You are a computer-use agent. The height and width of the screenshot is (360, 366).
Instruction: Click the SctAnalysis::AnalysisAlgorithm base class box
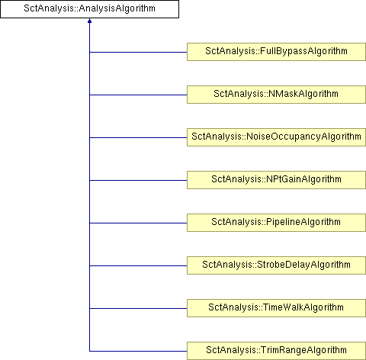[x=89, y=9]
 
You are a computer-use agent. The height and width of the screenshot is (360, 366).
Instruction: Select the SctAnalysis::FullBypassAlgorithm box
[x=276, y=52]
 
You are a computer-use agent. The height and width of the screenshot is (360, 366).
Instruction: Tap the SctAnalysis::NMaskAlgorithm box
[x=276, y=95]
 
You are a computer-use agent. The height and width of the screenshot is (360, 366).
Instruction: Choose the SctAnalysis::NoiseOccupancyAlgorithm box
[x=276, y=137]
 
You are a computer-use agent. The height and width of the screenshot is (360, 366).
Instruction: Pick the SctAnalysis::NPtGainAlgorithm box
[x=276, y=180]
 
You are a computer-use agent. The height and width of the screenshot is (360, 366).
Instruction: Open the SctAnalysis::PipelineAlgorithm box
[x=276, y=223]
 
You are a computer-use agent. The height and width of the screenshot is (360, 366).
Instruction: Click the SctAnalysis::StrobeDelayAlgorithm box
[x=276, y=265]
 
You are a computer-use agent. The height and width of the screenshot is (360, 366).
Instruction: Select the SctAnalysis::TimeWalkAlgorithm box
[x=276, y=308]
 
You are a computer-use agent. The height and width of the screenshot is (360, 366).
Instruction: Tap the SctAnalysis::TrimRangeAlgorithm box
[x=276, y=351]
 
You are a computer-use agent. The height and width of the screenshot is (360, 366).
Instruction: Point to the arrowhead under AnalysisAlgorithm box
[x=89, y=21]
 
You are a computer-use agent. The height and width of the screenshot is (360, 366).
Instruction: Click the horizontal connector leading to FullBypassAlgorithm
[x=138, y=53]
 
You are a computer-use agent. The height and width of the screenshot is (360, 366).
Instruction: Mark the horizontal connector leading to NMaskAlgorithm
[x=138, y=95]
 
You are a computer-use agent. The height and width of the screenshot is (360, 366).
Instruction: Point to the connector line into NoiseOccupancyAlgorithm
[x=138, y=138]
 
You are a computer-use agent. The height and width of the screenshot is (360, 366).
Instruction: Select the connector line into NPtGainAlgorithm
[x=138, y=181]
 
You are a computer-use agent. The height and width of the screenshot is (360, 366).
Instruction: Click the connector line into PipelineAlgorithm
[x=138, y=223]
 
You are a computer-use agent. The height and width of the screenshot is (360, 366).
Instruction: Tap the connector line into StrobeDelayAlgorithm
[x=138, y=266]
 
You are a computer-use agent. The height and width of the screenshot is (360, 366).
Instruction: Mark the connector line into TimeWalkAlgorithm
[x=138, y=309]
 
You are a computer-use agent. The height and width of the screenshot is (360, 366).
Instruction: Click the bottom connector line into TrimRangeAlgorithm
[x=138, y=352]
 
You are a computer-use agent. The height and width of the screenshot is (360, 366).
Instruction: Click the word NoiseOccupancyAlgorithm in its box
[x=303, y=137]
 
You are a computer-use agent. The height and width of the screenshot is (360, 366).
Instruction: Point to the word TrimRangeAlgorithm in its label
[x=303, y=350]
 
